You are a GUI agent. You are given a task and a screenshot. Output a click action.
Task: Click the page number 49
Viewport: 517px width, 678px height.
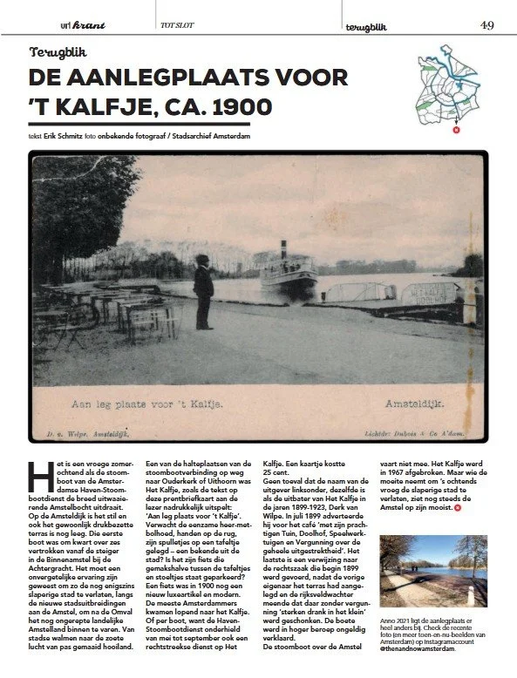coord(486,25)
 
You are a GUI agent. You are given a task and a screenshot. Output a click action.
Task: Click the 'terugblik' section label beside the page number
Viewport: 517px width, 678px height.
coord(367,25)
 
